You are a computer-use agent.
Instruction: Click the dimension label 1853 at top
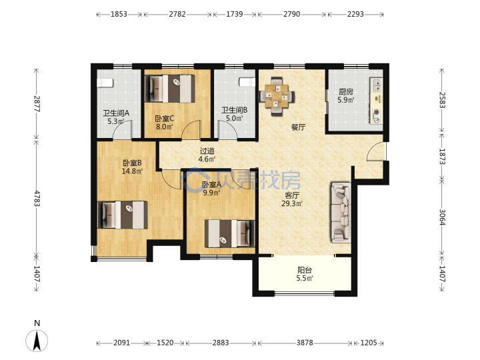[119, 14]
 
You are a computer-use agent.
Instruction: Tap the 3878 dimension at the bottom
[305, 343]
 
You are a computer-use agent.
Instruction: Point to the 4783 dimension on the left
[37, 199]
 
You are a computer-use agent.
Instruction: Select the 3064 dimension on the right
[442, 217]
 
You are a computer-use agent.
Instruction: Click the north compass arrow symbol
[37, 341]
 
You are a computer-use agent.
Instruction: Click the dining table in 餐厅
[277, 96]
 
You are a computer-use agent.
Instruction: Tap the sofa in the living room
[341, 213]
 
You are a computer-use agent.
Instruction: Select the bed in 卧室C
[170, 89]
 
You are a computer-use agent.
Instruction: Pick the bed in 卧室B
[123, 215]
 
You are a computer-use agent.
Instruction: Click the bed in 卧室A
[229, 233]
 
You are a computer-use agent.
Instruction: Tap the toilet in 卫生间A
[105, 83]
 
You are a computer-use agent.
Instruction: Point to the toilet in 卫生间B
[247, 82]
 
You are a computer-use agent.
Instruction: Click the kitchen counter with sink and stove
[376, 101]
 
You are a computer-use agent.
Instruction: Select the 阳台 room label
[305, 270]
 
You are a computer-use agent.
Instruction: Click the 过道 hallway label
[207, 151]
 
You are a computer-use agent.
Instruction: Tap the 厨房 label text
[346, 92]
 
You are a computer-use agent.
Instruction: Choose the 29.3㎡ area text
[292, 203]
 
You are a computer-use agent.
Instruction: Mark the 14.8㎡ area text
[132, 171]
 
